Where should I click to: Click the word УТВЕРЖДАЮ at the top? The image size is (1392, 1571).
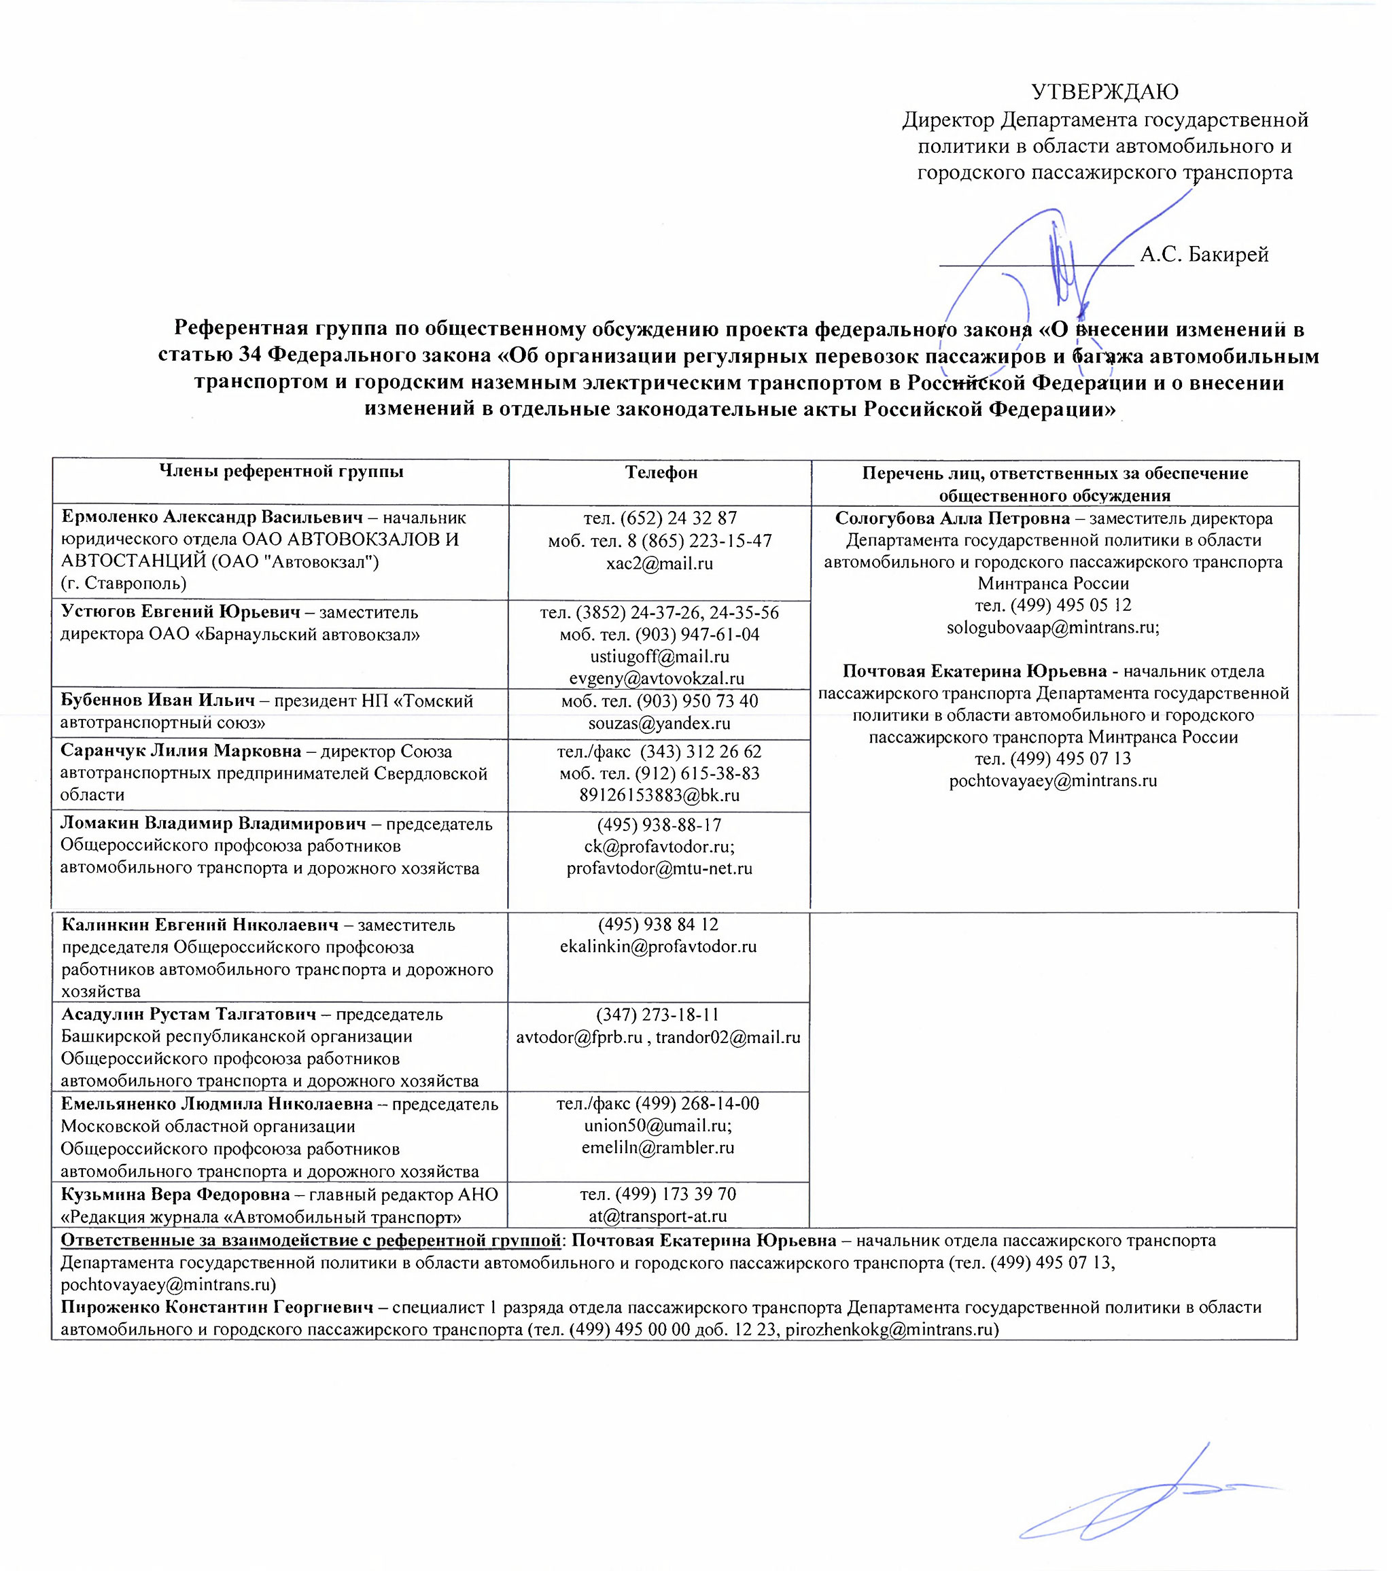click(x=1104, y=92)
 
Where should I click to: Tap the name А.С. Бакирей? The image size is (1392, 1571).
click(x=1204, y=254)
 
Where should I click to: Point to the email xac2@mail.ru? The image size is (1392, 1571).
click(x=659, y=563)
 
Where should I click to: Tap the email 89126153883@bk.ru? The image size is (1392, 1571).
click(x=659, y=796)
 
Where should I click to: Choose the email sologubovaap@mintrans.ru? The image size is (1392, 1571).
click(x=1053, y=628)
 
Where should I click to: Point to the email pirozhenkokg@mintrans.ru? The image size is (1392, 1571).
click(x=891, y=1330)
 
